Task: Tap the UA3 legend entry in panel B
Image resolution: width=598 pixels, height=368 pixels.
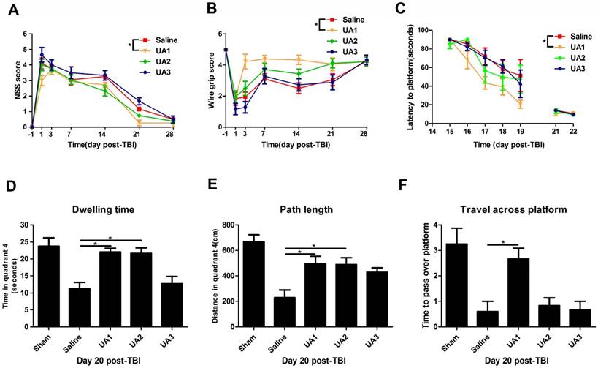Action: coord(355,52)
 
